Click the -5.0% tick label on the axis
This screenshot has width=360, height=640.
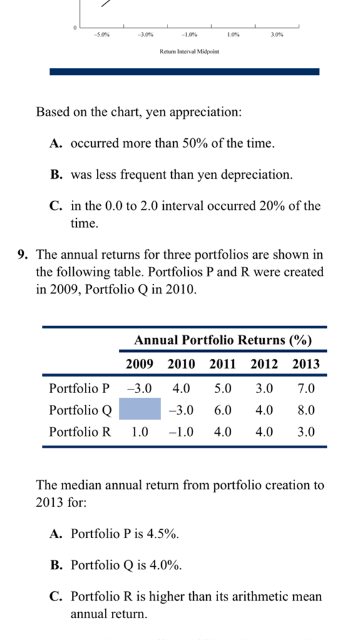102,35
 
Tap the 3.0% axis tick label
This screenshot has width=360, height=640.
277,35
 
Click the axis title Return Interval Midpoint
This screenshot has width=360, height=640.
189,52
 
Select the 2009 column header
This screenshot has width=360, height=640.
139,364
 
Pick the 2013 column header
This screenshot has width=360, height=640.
306,364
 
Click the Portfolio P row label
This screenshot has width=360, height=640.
79,388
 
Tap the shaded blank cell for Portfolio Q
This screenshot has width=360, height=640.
140,409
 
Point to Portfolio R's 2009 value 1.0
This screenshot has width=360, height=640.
139,431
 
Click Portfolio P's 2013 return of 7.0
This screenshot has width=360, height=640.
306,388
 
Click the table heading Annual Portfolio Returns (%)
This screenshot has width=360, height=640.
223,340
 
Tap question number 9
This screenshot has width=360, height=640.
23,255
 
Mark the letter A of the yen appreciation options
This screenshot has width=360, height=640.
56,143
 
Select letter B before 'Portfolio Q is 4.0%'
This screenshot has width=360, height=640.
55,565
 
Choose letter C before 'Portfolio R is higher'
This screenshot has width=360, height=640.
56,596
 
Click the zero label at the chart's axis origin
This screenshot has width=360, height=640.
75,27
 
